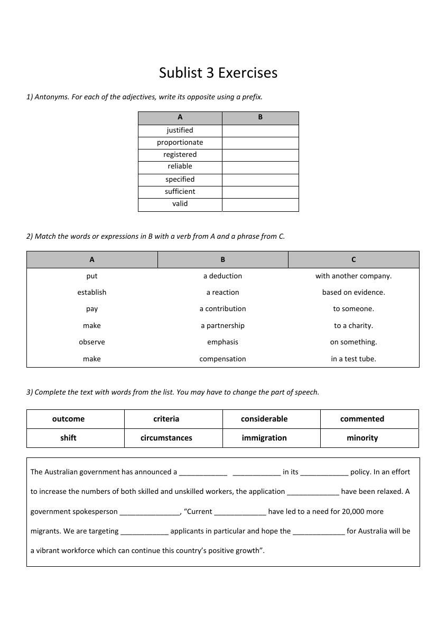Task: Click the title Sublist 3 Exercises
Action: pos(218,72)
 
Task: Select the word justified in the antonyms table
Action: pos(180,130)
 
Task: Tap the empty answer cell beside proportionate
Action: pos(260,143)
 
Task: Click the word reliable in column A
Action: pos(180,166)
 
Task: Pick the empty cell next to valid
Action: pos(260,204)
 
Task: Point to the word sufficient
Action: pos(180,192)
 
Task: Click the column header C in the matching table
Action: pos(354,259)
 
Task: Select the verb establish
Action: pos(92,292)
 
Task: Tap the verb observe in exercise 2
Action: pos(92,342)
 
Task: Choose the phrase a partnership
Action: pos(222,326)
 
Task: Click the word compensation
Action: pos(222,359)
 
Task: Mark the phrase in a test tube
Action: pos(354,359)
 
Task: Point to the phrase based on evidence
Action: pos(354,292)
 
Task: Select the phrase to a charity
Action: pos(354,326)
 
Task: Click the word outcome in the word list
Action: pos(68,419)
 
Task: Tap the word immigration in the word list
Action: pos(264,438)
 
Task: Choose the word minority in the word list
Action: pos(362,438)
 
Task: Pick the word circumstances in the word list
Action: pos(166,438)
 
